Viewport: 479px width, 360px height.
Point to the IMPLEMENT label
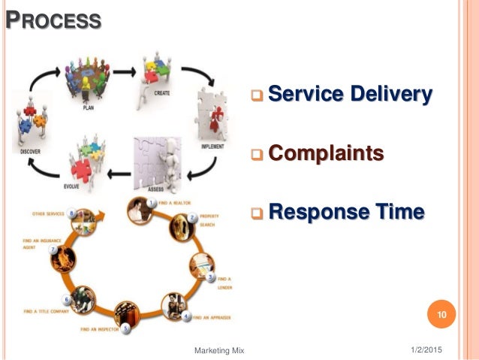(212, 147)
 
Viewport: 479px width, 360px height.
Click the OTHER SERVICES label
(47, 214)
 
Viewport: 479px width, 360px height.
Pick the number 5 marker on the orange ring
(126, 328)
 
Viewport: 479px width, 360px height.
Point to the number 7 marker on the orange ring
(53, 248)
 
